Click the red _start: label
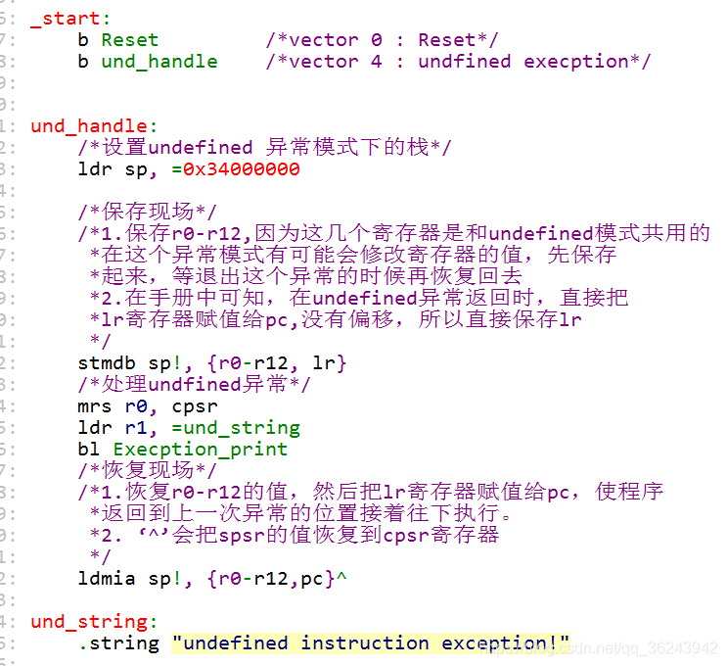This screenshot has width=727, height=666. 70,19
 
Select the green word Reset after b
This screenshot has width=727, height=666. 130,40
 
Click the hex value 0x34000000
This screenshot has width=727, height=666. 242,168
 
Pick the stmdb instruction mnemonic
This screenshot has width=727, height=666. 107,363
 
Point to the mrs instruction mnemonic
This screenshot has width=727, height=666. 95,406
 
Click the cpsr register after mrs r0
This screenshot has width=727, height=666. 195,407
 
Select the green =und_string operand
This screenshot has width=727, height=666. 236,428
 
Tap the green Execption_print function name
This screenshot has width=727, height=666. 201,450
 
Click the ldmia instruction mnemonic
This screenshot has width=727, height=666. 107,578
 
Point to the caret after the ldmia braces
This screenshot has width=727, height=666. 341,576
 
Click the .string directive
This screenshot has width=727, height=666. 118,643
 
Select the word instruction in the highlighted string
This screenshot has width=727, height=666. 365,643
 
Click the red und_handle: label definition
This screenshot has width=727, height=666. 94,126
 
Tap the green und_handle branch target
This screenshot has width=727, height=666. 159,62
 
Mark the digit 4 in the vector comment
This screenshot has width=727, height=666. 377,62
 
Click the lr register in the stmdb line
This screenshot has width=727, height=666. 324,363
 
